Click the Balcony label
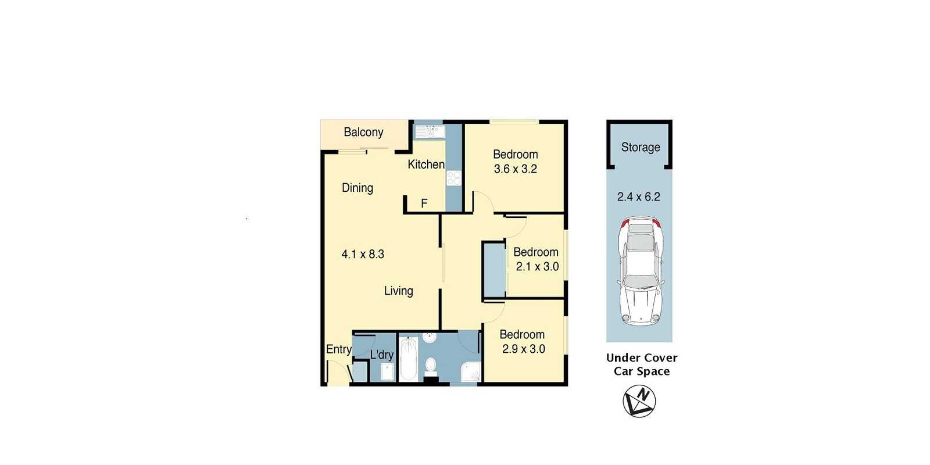363,133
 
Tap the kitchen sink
430,131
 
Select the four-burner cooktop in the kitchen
454,178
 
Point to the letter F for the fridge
424,203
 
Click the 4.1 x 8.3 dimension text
363,254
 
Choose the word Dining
357,188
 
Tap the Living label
399,291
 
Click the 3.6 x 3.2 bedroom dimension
515,169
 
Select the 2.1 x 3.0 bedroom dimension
537,267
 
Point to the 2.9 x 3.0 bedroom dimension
524,349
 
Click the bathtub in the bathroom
409,359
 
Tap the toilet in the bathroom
431,367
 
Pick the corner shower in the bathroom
471,372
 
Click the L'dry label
381,355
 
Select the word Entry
339,349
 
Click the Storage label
641,148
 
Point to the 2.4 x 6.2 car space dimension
639,197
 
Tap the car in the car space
641,271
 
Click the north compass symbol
639,401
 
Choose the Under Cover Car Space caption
642,364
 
